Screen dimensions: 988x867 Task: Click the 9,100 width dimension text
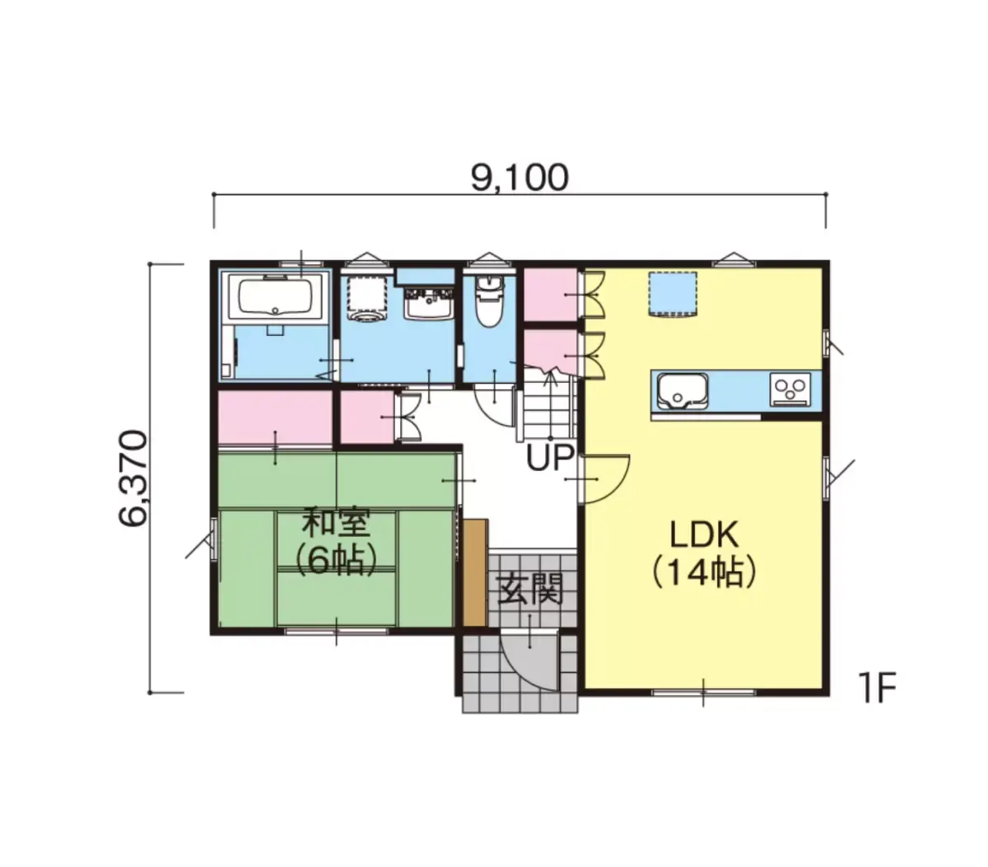(519, 178)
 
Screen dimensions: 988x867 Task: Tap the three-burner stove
(790, 389)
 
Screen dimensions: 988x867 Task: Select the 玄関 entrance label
(529, 589)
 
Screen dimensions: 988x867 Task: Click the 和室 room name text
(337, 523)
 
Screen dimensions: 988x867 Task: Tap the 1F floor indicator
(879, 688)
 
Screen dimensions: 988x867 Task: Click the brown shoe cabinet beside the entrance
(474, 572)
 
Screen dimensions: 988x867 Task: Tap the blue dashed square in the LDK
(672, 295)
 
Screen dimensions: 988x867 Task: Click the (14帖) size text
(703, 572)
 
